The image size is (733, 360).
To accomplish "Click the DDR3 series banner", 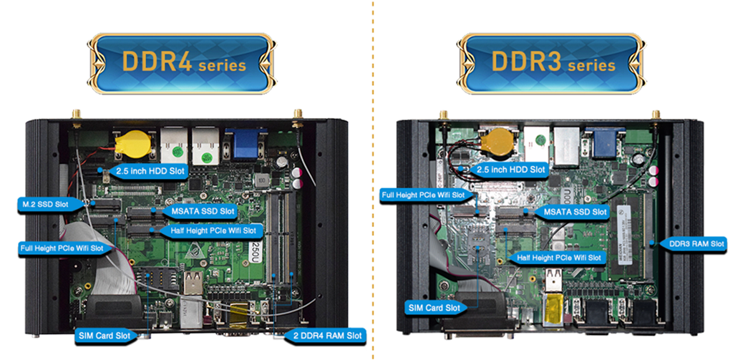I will [x=549, y=62].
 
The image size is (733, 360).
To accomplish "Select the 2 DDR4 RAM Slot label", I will [x=326, y=335].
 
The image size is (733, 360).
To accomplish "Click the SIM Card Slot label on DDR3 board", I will [x=435, y=307].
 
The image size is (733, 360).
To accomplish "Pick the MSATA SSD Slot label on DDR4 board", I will [x=203, y=211].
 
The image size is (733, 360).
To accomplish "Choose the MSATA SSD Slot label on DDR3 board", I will [x=574, y=213].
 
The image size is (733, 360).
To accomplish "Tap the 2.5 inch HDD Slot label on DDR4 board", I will [x=145, y=171].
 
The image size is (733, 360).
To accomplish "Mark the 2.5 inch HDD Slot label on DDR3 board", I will [x=510, y=170].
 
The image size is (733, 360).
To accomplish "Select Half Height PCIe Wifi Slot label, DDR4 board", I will [x=213, y=231].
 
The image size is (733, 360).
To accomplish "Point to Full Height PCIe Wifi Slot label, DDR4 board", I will [x=62, y=248].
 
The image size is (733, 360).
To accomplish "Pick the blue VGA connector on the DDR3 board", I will [x=606, y=141].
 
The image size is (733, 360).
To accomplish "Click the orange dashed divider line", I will [x=372, y=179].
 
